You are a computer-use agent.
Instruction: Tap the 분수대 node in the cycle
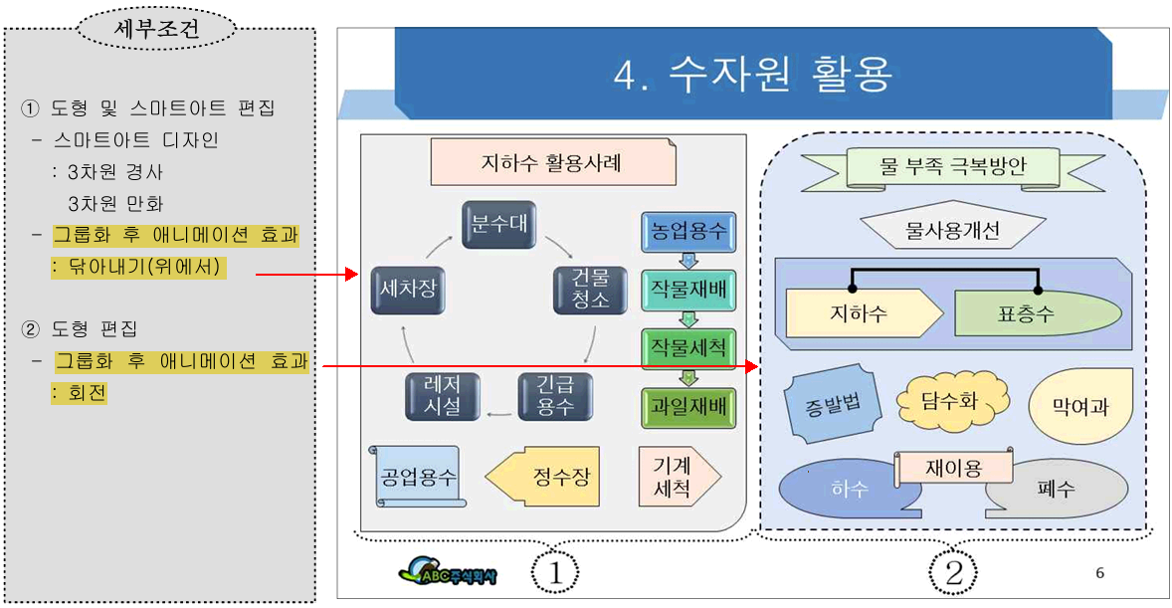pyautogui.click(x=498, y=225)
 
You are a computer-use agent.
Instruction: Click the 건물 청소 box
pyautogui.click(x=590, y=289)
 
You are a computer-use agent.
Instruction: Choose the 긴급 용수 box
pyautogui.click(x=555, y=396)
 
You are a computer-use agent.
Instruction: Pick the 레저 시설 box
pyautogui.click(x=442, y=396)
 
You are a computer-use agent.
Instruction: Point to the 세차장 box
pyautogui.click(x=407, y=289)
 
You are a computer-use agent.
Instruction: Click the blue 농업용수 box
pyautogui.click(x=687, y=231)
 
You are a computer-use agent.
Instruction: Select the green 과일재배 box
pyautogui.click(x=687, y=407)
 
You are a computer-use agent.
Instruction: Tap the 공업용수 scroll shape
pyautogui.click(x=417, y=476)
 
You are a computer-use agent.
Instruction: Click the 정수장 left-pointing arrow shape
pyautogui.click(x=548, y=476)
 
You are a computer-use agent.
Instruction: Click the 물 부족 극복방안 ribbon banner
pyautogui.click(x=952, y=167)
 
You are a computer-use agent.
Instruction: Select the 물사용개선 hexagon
pyautogui.click(x=952, y=232)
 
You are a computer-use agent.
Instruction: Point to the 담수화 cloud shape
pyautogui.click(x=952, y=400)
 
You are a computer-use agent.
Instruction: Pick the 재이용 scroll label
pyautogui.click(x=953, y=468)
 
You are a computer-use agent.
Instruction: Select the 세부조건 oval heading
pyautogui.click(x=157, y=29)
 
